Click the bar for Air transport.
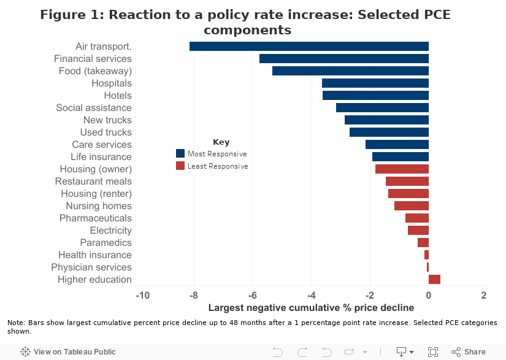[309, 46]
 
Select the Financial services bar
[344, 58]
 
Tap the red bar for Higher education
[434, 279]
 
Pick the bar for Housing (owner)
[402, 169]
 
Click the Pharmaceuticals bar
[417, 218]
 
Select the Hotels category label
[118, 95]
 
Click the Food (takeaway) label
[95, 71]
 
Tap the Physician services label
[91, 267]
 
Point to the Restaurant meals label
[93, 181]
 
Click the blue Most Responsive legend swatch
[180, 153]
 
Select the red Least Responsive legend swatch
[180, 166]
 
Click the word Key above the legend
[221, 142]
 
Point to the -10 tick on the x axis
[143, 295]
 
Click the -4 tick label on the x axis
[312, 295]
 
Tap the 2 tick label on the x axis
[484, 295]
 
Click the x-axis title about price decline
[311, 307]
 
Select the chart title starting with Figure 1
[245, 22]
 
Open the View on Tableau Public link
[68, 351]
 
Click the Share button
[469, 351]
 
